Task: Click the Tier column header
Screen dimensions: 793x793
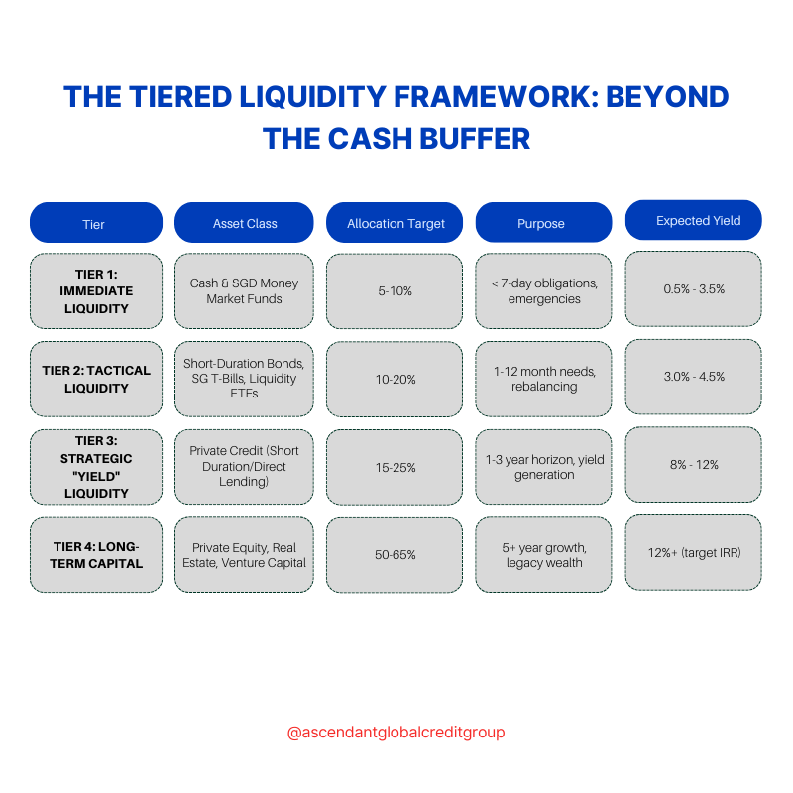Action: tap(96, 223)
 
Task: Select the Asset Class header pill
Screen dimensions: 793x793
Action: tap(244, 223)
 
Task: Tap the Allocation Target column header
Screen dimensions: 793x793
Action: tap(395, 223)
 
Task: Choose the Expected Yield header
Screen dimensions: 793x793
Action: tap(694, 221)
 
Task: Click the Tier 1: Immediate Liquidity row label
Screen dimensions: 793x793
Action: tap(96, 291)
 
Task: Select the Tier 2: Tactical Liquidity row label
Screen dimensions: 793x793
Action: tap(96, 379)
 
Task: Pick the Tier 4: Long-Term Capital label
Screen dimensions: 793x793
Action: tap(96, 555)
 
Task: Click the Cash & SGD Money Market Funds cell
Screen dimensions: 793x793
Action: tap(244, 291)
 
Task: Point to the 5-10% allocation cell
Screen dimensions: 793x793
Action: tap(395, 291)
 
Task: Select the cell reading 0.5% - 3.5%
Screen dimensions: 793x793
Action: tap(694, 288)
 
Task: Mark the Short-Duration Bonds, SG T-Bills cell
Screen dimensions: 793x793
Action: tap(244, 379)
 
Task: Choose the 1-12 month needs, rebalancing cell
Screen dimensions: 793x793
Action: tap(544, 379)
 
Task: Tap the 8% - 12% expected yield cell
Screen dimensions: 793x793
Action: tap(694, 464)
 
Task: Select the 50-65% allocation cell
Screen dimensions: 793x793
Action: tap(395, 555)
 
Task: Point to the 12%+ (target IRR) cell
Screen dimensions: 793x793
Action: tap(694, 552)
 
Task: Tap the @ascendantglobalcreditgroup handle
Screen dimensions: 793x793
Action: tap(396, 733)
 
